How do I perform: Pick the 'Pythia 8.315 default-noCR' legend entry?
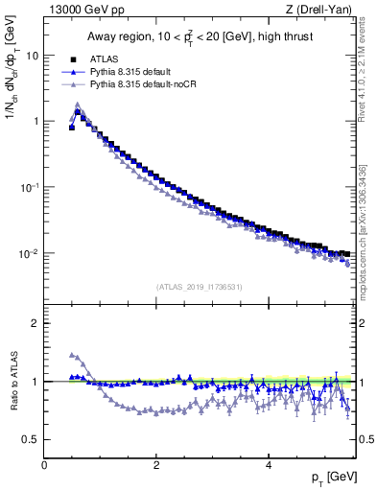(143, 84)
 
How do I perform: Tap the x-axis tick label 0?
(44, 465)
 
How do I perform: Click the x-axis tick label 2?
(155, 465)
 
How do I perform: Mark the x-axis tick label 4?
(268, 465)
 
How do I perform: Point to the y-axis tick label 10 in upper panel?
(32, 55)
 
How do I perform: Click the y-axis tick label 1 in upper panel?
(35, 121)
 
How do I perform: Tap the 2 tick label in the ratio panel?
(35, 323)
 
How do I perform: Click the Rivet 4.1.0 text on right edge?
(365, 67)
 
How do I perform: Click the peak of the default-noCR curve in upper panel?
(78, 105)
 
